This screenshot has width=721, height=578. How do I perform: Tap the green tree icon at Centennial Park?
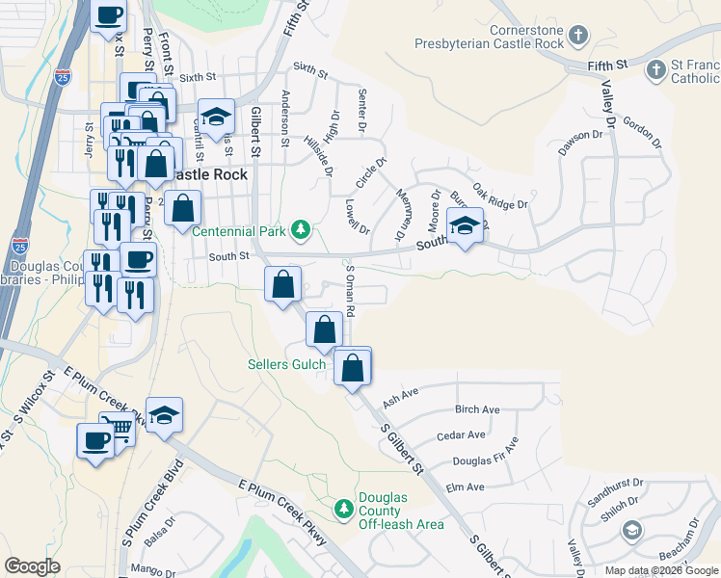(x=302, y=229)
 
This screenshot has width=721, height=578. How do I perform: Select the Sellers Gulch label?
(x=286, y=364)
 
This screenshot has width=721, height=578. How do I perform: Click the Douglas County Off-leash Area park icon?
(x=341, y=508)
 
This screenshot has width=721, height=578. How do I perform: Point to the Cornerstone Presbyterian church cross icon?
(x=577, y=37)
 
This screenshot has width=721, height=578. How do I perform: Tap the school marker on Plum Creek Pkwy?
(x=165, y=415)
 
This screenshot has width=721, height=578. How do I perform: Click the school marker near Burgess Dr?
(x=465, y=226)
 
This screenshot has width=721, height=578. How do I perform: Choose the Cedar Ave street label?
(x=460, y=436)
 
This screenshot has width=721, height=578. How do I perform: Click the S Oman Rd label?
(x=351, y=292)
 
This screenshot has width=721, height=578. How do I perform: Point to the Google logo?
(x=33, y=566)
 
